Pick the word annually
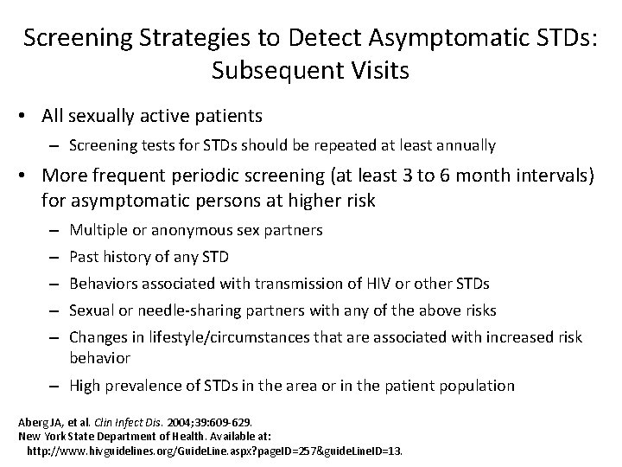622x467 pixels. [466, 145]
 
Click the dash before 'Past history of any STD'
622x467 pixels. [54, 257]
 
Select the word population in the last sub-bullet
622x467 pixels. [475, 387]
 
